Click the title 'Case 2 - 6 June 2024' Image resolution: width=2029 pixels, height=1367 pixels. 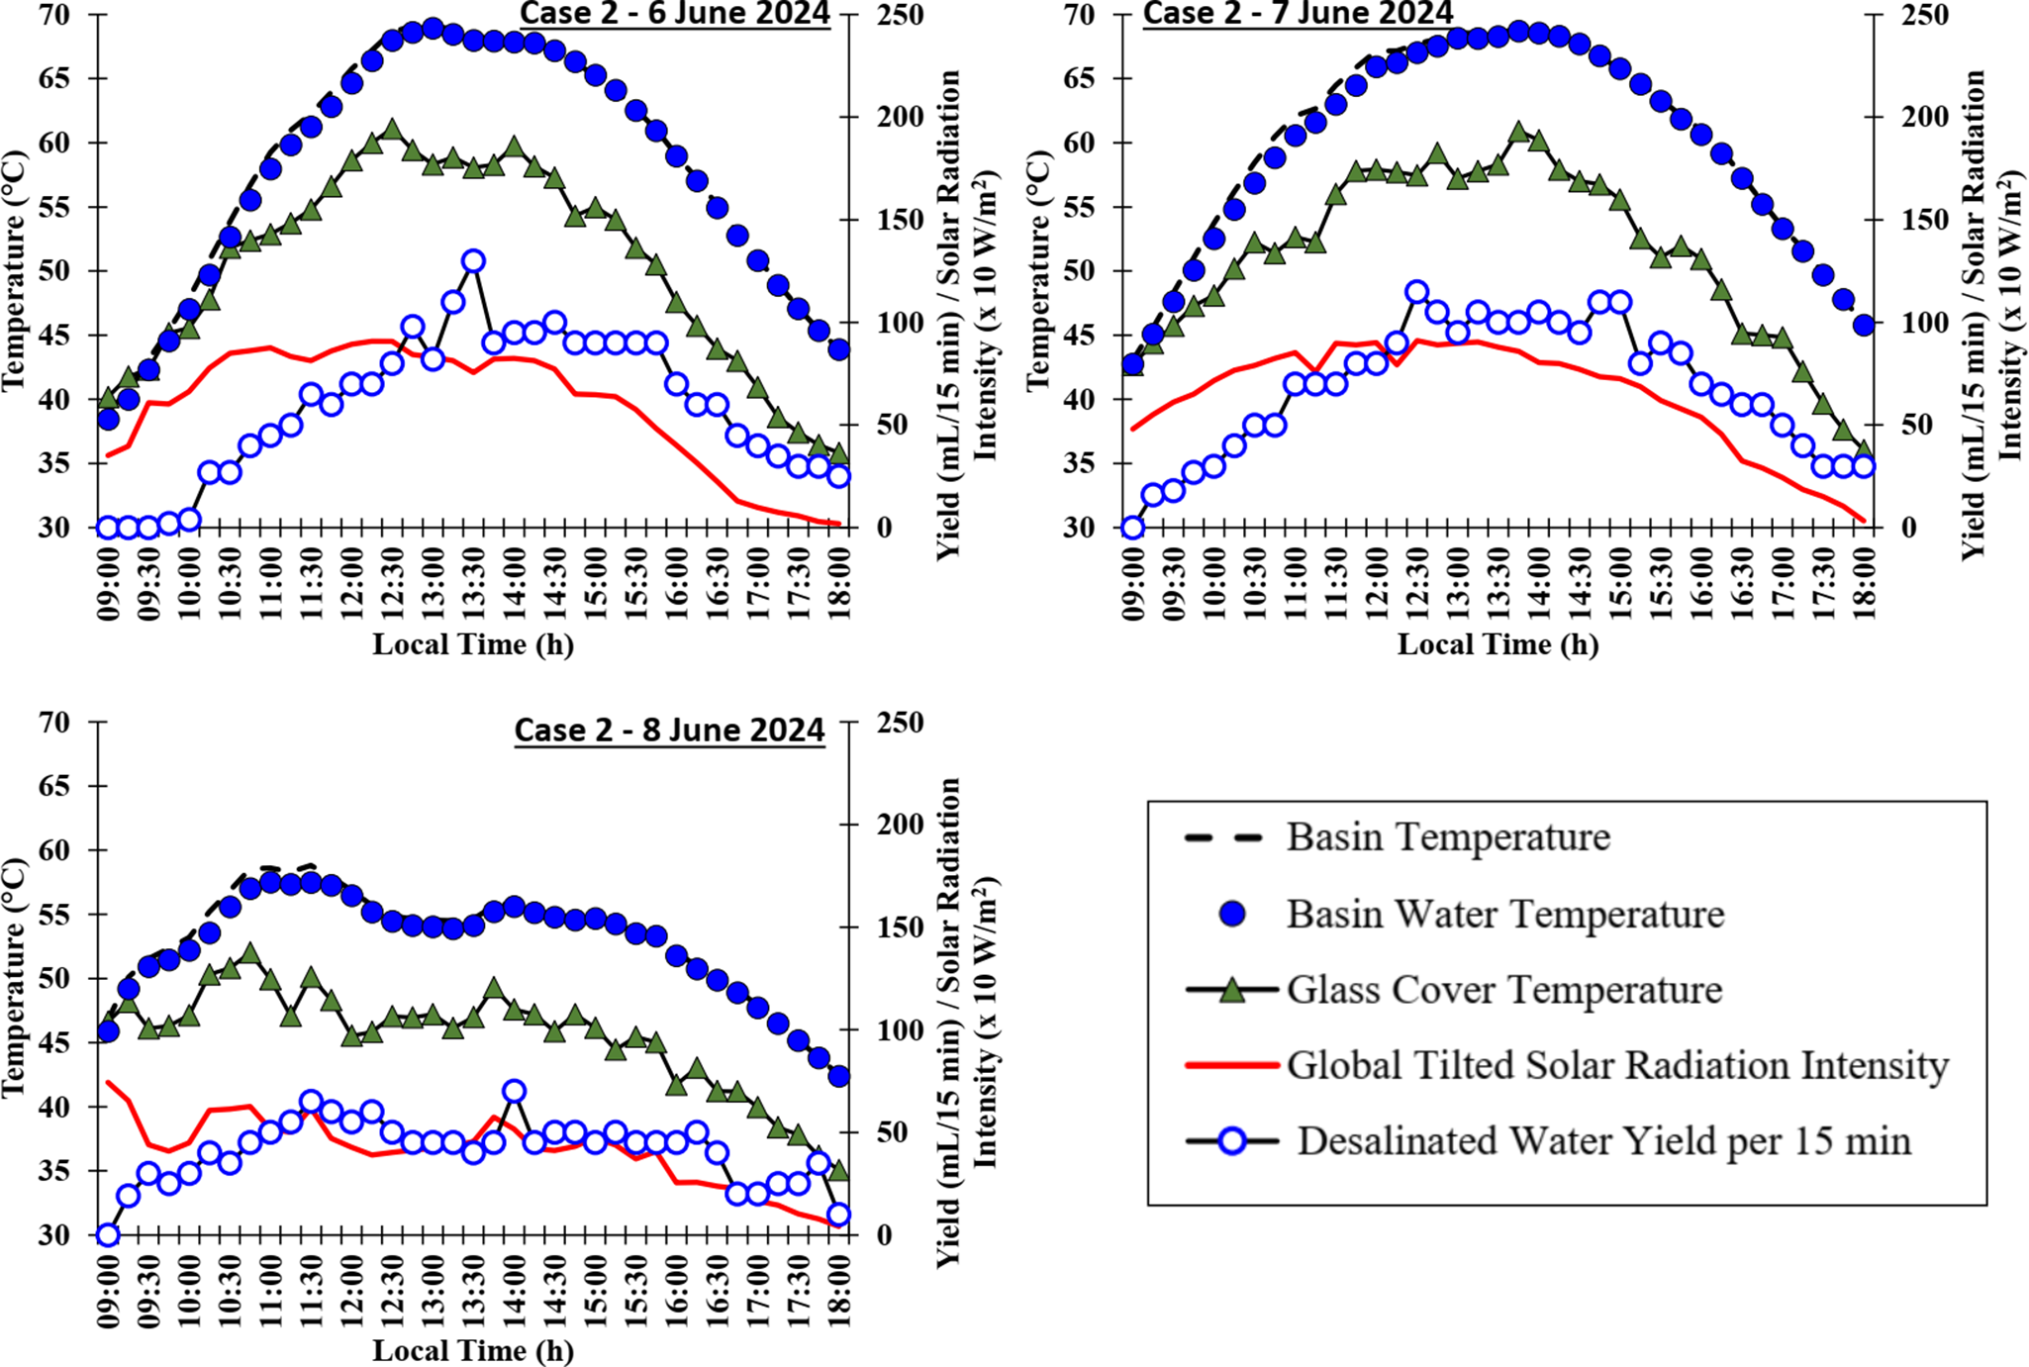click(675, 13)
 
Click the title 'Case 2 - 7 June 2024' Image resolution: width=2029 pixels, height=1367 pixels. click(1298, 13)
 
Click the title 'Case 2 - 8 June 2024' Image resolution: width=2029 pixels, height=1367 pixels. click(669, 730)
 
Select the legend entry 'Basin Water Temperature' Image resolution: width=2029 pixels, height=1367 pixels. click(1504, 914)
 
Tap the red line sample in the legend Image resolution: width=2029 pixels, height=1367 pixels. click(1231, 1065)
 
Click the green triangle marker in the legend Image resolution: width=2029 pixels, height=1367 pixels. click(1231, 989)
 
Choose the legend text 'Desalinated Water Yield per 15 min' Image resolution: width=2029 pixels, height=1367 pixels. click(1603, 1141)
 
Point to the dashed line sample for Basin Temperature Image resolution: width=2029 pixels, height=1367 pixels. click(1223, 837)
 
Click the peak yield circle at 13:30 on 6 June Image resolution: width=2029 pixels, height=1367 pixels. click(473, 261)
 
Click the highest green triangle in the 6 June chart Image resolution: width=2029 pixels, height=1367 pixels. click(392, 130)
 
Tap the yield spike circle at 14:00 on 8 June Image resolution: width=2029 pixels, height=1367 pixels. click(514, 1092)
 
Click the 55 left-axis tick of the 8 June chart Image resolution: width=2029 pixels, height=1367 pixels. click(55, 915)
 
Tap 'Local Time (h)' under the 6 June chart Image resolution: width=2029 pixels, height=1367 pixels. click(473, 644)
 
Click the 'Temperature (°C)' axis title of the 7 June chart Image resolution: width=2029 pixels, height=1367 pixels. click(1036, 271)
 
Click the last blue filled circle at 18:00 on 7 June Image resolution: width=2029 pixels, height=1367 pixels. click(1863, 324)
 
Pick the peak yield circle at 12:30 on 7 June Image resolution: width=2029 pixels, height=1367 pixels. click(1416, 292)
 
